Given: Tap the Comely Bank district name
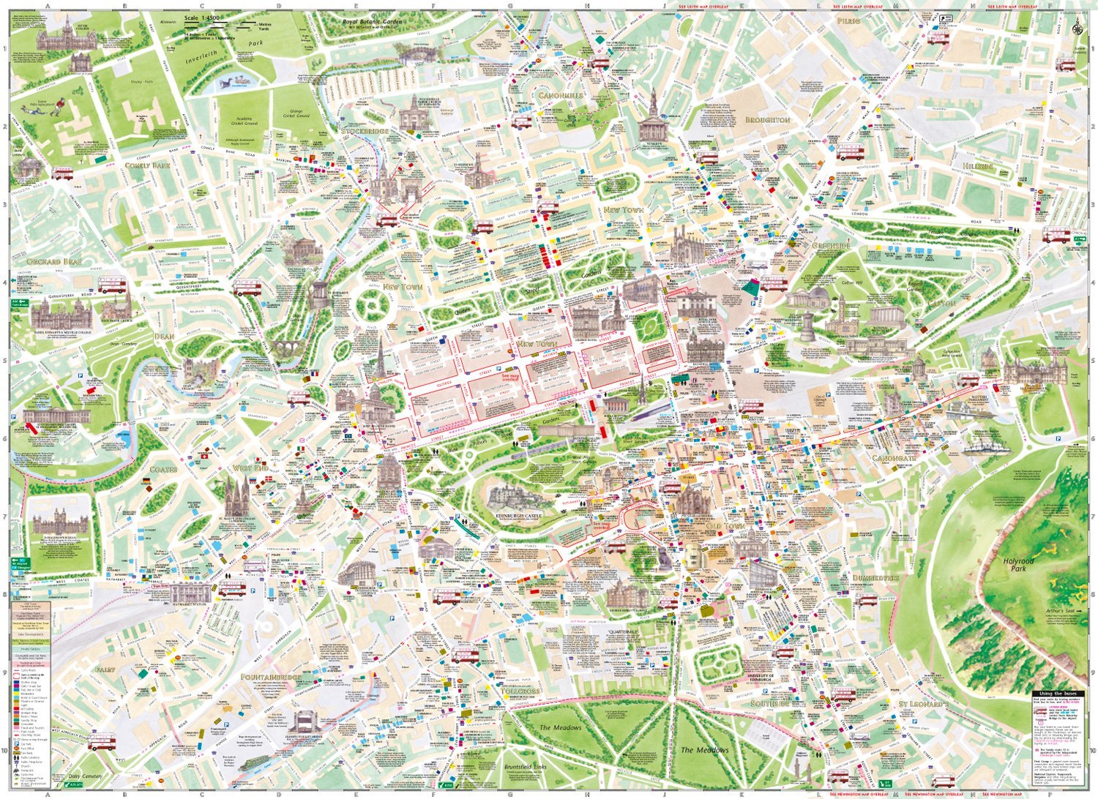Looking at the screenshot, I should (x=148, y=166).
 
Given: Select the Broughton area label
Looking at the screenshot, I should (x=768, y=119).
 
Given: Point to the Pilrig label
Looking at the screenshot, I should (x=848, y=22).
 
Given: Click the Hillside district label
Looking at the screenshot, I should (x=978, y=167).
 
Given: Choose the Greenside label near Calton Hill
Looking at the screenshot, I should (x=831, y=246).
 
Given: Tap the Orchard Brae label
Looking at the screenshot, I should (x=55, y=262).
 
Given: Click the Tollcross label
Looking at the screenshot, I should (x=521, y=691).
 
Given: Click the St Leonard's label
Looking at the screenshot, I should (x=923, y=704).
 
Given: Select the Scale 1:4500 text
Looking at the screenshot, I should (x=202, y=18).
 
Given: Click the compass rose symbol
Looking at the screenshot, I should (x=1077, y=29).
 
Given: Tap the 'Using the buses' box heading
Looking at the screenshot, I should (x=1057, y=694).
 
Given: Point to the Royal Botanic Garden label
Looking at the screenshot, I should (x=373, y=22).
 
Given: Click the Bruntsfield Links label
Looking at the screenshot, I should (x=526, y=767).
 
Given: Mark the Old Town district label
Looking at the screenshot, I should (x=725, y=526).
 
